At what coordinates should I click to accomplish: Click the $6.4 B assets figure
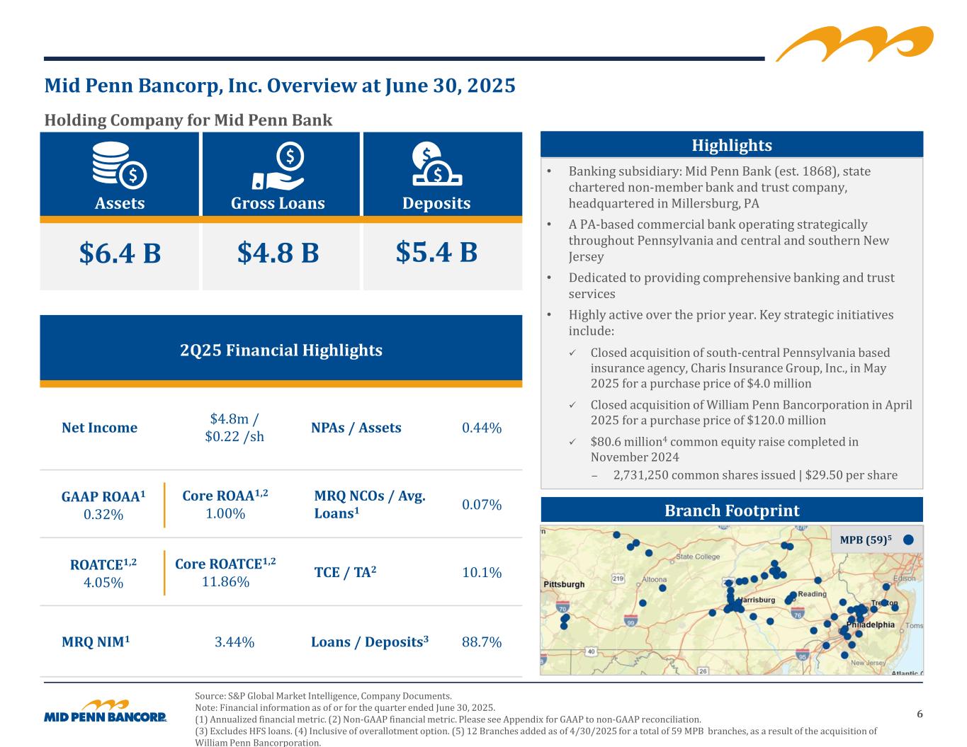coord(120,253)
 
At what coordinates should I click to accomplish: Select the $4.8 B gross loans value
coord(278,253)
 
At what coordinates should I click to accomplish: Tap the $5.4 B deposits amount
coord(436,252)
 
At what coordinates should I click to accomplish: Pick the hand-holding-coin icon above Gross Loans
coord(278,166)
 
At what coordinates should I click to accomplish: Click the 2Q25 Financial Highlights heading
coord(281,350)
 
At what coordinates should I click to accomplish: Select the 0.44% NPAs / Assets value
coord(482,428)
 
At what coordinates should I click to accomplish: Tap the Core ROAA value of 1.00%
coord(225,513)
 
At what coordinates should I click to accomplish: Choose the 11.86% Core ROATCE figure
coord(225,582)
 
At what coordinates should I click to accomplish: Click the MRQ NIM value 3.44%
coord(234,642)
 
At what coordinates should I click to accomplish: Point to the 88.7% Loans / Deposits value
coord(482,642)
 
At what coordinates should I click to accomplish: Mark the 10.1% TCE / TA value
coord(482,572)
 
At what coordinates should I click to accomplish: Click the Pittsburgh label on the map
coord(564,584)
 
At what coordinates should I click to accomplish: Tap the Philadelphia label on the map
coord(871,625)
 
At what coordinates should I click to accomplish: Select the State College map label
coord(698,557)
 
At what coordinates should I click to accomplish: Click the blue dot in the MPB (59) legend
coord(908,539)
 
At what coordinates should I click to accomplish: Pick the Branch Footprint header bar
coord(732,510)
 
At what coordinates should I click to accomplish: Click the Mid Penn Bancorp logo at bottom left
coord(106,712)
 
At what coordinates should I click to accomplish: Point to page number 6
coord(920,714)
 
